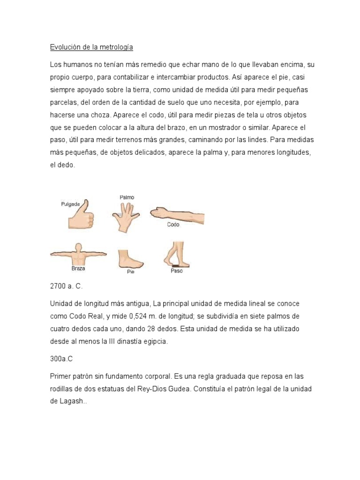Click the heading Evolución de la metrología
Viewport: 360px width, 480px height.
(91, 47)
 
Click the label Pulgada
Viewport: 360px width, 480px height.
(70, 204)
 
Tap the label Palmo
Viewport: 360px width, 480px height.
(127, 197)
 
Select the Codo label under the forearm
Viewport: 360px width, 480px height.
(173, 225)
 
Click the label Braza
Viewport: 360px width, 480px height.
(78, 269)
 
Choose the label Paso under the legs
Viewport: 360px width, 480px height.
(176, 271)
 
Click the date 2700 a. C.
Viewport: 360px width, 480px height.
(66, 286)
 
